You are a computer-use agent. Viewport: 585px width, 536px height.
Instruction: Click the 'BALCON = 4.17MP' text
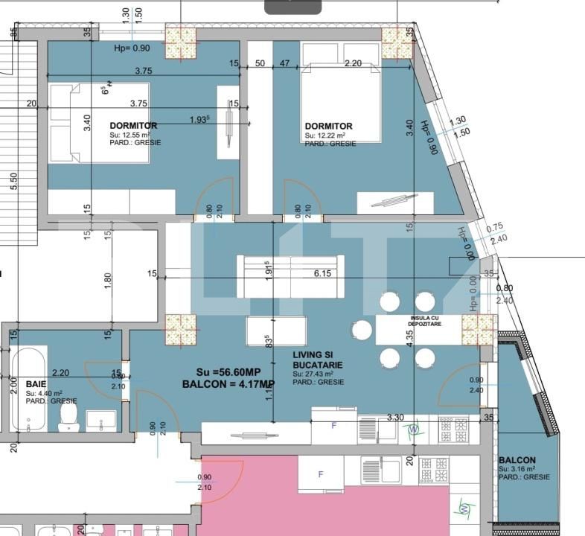tap(228, 384)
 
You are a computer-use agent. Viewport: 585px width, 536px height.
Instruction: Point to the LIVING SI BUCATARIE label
tap(318, 360)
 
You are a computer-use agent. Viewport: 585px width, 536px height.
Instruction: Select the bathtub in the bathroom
tap(28, 388)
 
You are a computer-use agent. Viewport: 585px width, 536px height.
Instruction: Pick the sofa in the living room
tap(290, 276)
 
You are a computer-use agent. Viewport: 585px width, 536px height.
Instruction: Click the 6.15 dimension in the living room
tap(322, 273)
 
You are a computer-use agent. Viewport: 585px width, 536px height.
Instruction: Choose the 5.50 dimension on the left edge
tap(13, 181)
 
